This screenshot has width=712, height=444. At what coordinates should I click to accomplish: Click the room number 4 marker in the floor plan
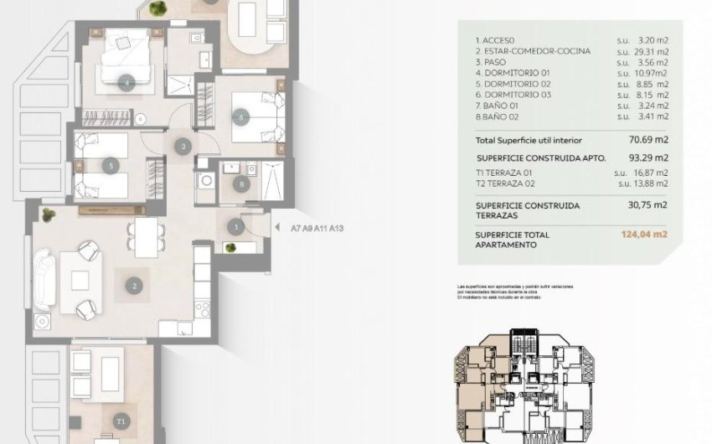(x=127, y=82)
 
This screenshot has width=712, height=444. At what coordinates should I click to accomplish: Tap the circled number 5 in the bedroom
(x=111, y=166)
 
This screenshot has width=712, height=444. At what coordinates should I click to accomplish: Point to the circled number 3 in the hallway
(x=183, y=147)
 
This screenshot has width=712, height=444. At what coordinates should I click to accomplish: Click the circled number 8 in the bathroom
(x=241, y=183)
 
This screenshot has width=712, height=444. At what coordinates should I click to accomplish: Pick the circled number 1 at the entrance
(x=237, y=225)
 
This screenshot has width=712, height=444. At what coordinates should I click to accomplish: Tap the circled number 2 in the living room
(x=134, y=286)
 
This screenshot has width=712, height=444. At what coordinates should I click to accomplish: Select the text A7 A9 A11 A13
(x=317, y=226)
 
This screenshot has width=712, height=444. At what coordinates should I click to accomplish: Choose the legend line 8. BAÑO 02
(x=499, y=117)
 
